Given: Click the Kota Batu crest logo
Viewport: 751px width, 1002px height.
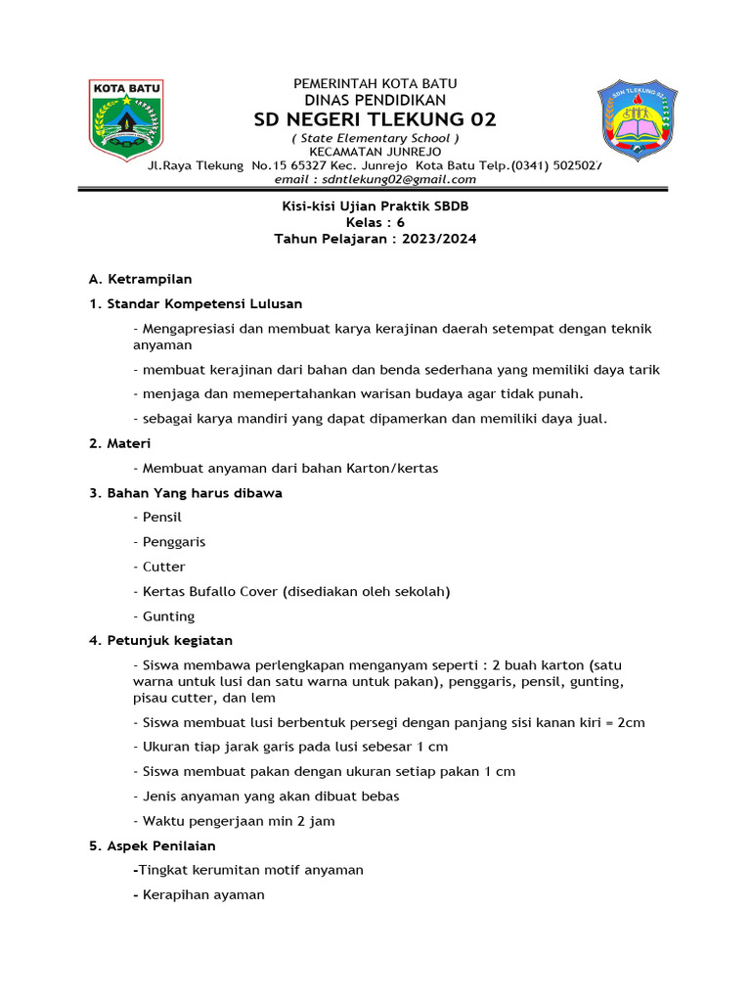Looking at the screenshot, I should pyautogui.click(x=126, y=119).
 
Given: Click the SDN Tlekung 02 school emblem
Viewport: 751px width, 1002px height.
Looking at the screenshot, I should pyautogui.click(x=637, y=119).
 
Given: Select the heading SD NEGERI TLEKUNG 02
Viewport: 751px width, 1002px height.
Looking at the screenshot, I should pyautogui.click(x=375, y=119).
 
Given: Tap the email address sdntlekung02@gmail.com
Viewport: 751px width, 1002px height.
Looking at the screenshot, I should pyautogui.click(x=375, y=179).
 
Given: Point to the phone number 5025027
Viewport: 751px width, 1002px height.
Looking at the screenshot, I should pyautogui.click(x=577, y=165).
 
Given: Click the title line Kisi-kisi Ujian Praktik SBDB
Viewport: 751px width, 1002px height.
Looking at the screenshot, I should pyautogui.click(x=375, y=205).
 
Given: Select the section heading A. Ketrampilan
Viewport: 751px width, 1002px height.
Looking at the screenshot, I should pyautogui.click(x=141, y=279).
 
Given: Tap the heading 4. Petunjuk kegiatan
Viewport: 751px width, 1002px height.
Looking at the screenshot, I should pyautogui.click(x=160, y=641).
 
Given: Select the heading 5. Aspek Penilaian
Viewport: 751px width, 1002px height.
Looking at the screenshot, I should pyautogui.click(x=153, y=845).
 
